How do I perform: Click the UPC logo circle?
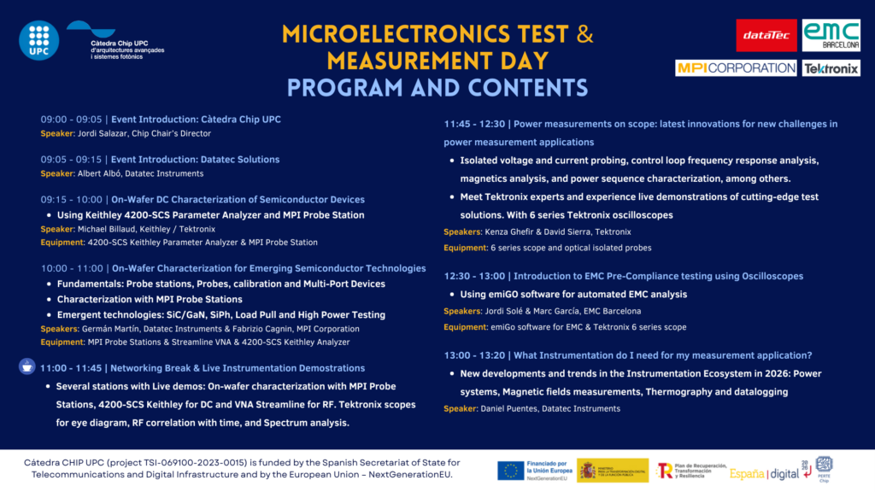pos(39,39)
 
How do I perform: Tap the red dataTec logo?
pos(766,36)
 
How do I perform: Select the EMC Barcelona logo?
pos(831,36)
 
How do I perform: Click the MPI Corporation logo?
pos(736,67)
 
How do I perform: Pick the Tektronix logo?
pos(831,68)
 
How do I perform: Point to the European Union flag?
pos(511,469)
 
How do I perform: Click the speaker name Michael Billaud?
pos(108,229)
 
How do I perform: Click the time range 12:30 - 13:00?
pos(473,276)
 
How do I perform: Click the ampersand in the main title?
pos(584,34)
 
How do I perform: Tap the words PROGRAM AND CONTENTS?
pos(437,88)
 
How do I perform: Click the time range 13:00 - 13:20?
pos(473,355)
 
